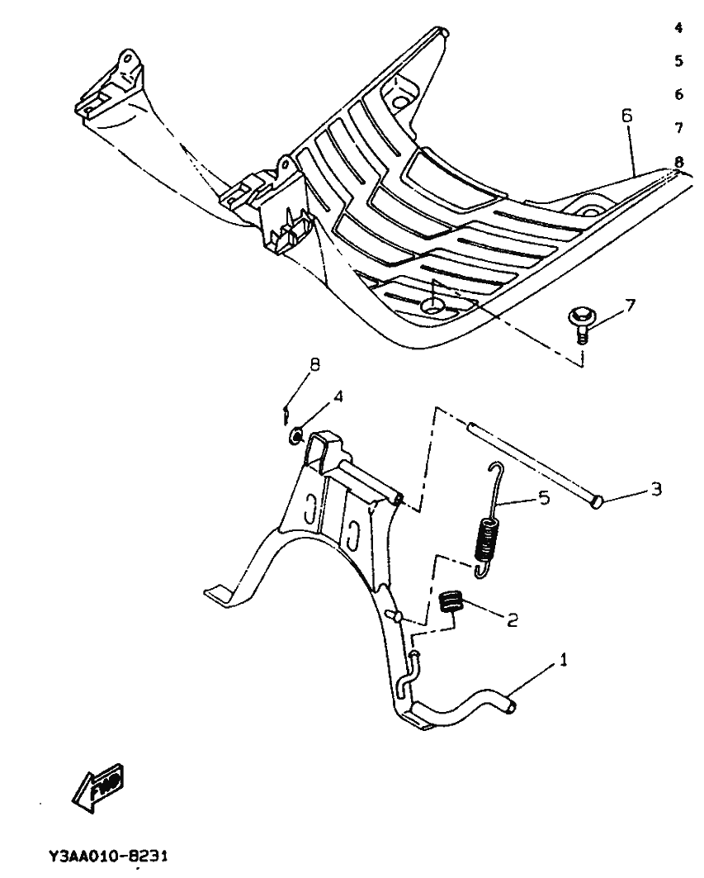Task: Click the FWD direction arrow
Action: (x=98, y=785)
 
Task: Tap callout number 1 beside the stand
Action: (x=565, y=661)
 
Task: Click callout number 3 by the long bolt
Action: (x=656, y=490)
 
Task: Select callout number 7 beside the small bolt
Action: (x=630, y=306)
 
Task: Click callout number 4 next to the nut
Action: (x=338, y=396)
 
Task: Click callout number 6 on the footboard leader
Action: (x=626, y=116)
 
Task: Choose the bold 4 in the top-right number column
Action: (x=678, y=28)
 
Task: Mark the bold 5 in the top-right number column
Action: (x=678, y=61)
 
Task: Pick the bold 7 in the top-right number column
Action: (x=678, y=128)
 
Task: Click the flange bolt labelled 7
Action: (x=581, y=320)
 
